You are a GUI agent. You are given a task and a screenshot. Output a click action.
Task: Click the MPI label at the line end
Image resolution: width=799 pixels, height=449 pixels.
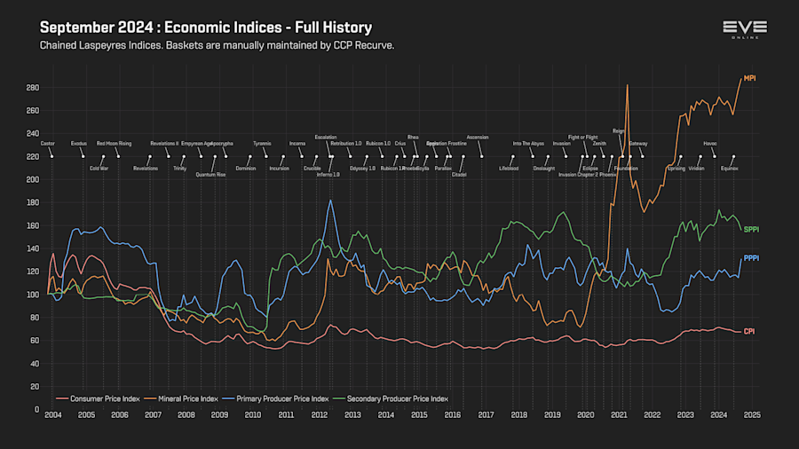click(750, 78)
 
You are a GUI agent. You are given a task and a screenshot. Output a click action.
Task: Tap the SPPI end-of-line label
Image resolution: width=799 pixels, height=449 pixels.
click(751, 230)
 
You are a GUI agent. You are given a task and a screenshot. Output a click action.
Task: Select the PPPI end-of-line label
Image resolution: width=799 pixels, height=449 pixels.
click(751, 258)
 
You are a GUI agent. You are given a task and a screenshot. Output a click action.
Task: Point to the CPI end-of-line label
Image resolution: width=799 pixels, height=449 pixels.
click(748, 331)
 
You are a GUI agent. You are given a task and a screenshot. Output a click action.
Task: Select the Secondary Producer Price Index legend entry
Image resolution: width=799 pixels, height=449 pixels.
click(396, 398)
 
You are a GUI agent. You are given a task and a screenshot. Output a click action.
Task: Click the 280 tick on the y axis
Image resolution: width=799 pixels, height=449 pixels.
click(33, 87)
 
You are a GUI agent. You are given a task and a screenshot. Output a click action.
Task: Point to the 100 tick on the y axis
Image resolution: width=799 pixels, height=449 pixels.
click(33, 294)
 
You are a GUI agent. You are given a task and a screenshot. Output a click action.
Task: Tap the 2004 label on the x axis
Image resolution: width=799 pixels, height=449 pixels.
click(52, 414)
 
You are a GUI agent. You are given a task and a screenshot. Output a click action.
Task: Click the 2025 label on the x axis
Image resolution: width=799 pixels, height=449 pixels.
click(752, 414)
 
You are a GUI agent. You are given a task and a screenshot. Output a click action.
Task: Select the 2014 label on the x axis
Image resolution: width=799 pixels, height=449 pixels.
click(385, 414)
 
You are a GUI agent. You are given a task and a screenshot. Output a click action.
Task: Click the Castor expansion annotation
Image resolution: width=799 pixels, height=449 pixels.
click(48, 143)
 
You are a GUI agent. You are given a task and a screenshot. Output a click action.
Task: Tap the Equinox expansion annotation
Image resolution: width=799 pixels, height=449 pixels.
click(729, 168)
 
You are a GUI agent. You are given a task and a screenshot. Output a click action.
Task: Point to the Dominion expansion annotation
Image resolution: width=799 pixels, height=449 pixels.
click(246, 168)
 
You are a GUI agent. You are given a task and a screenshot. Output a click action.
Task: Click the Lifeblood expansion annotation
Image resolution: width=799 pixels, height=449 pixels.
click(508, 168)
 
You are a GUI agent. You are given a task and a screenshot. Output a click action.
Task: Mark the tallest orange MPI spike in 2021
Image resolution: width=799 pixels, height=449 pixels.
click(628, 86)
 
